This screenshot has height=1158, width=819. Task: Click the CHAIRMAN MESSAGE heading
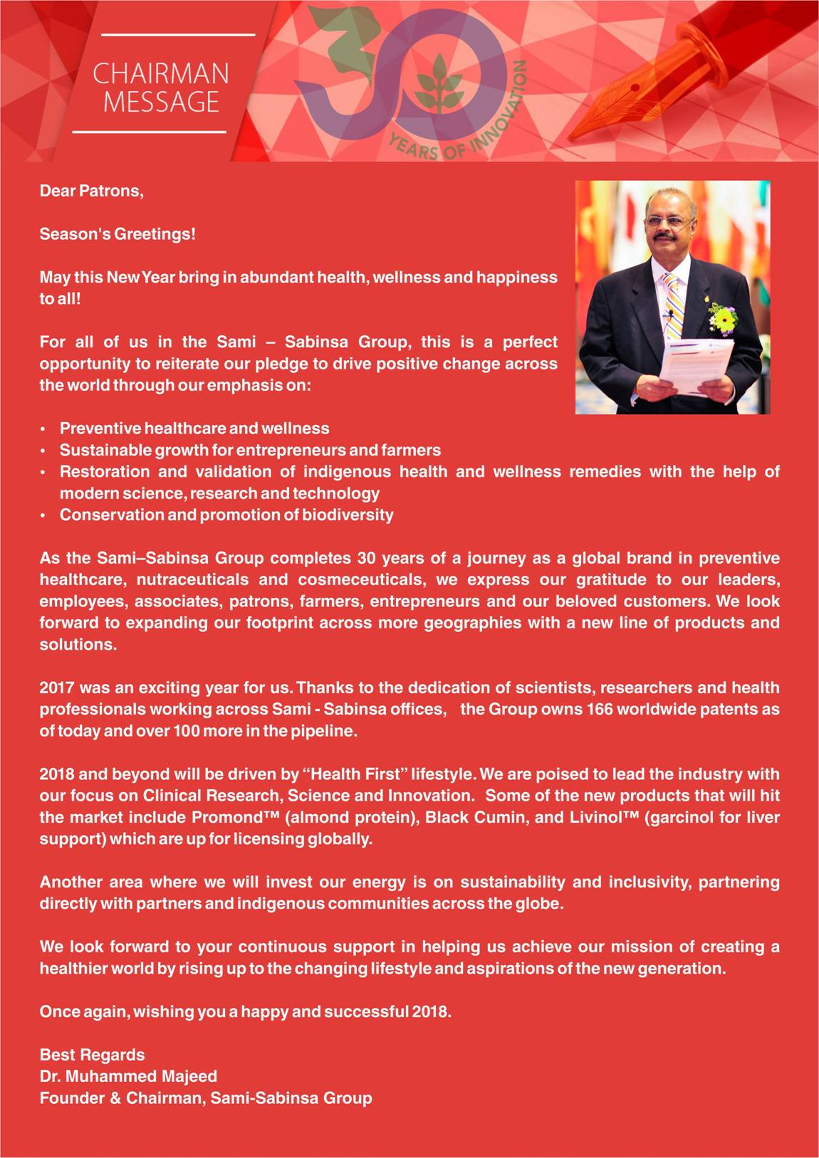point(161,88)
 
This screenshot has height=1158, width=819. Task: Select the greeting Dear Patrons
point(91,191)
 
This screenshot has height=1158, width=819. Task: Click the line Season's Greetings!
point(117,234)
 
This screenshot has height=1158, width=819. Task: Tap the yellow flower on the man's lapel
point(723,317)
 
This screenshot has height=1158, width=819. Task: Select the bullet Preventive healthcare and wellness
point(194,428)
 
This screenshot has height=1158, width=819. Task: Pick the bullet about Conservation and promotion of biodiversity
point(226,515)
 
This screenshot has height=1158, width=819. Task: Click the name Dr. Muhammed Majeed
point(128,1076)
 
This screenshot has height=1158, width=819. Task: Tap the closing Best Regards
point(92,1055)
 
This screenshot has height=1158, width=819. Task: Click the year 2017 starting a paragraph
point(56,688)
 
